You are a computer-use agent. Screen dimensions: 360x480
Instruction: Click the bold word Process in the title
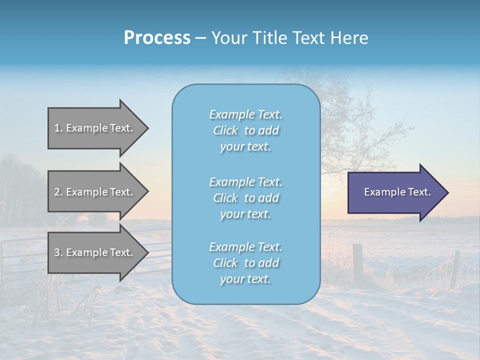(x=157, y=38)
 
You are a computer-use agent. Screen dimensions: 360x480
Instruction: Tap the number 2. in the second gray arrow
(x=58, y=192)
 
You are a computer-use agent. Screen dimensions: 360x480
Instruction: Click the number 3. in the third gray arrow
(x=58, y=252)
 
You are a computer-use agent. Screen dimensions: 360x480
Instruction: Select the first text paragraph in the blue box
(x=245, y=130)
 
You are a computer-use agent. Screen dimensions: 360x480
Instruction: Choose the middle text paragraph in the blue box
(x=245, y=198)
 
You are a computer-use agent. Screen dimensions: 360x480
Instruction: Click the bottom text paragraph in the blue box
(x=245, y=263)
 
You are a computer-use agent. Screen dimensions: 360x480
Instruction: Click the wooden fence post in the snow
(x=357, y=262)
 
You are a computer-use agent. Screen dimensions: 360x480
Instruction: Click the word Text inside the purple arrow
(x=419, y=192)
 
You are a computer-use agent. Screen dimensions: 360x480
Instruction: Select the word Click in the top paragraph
(x=225, y=130)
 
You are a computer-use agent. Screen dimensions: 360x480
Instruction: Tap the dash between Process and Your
(x=200, y=38)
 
